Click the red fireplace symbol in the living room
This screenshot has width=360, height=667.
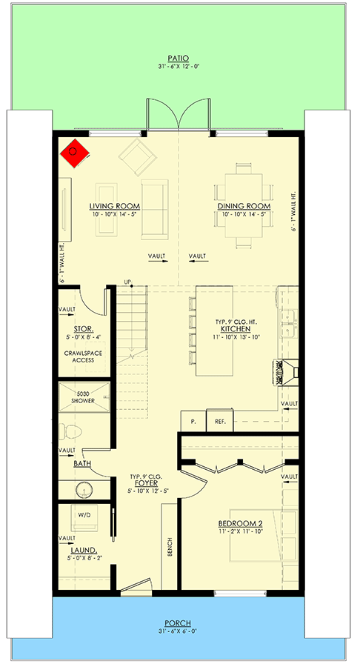coord(75,153)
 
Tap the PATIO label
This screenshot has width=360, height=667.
coord(178,59)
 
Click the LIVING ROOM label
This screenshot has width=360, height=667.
coord(115,206)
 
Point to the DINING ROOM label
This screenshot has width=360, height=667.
coord(244,206)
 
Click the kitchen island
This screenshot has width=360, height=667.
coord(214,331)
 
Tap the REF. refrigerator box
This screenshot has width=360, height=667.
coord(220,421)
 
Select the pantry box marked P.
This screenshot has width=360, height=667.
coord(194,421)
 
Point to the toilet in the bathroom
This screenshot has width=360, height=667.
coord(70,431)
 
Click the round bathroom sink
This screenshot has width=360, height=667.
coord(84,490)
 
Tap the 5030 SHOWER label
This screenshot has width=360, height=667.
coord(83,397)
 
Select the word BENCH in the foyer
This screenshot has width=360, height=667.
coord(170,547)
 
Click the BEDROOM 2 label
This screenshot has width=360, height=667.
coord(241,524)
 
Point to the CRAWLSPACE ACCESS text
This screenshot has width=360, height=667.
coord(83,356)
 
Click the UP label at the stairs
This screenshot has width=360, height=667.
coord(127,282)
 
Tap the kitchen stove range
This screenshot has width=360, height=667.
coord(287,373)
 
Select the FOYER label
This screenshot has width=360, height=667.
coord(146,483)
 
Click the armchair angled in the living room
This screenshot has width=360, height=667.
coord(137,156)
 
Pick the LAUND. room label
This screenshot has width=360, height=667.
coord(84,550)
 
